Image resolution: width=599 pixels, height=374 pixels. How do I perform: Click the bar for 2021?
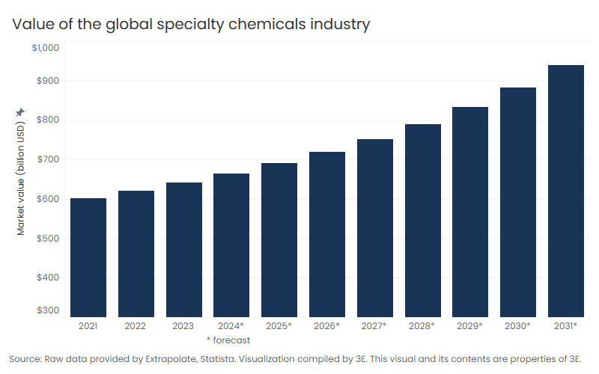pos(88,257)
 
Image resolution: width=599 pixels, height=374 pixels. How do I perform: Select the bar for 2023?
pos(184,250)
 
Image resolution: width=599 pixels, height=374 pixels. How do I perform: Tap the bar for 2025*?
pos(279,240)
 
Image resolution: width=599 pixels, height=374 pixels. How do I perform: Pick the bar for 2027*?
pos(375,228)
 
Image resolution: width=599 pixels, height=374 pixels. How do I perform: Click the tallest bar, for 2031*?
pos(566,191)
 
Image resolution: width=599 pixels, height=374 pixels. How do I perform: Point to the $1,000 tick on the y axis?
pos(45,48)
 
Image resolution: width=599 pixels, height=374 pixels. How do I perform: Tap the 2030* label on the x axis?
pos(518,326)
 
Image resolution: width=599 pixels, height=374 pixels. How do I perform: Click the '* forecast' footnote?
pos(228,340)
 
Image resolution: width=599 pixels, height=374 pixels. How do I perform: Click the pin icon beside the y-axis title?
pos(20,112)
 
